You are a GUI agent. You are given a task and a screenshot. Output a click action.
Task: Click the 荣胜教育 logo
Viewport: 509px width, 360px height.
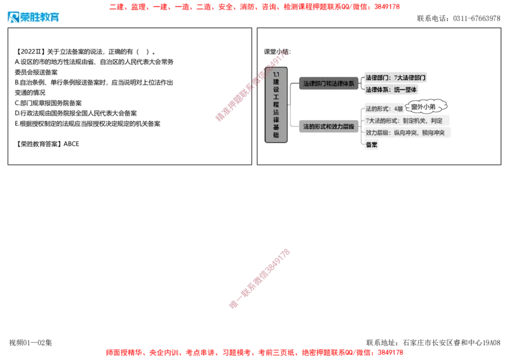[33, 18]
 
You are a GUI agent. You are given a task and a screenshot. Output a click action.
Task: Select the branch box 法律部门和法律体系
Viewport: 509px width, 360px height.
[328, 84]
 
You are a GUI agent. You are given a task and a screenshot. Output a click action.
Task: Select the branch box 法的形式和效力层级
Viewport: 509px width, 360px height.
[328, 127]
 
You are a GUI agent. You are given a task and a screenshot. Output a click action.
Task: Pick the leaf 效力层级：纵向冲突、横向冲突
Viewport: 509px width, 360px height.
[405, 133]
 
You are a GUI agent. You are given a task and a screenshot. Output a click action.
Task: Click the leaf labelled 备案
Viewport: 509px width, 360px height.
[372, 145]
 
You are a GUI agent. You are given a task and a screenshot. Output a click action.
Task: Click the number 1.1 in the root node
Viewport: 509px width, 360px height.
[276, 74]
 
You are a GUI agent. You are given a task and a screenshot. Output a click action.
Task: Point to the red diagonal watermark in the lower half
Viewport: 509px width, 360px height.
[260, 278]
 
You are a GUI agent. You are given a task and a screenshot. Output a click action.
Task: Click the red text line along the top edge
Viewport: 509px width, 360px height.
[254, 8]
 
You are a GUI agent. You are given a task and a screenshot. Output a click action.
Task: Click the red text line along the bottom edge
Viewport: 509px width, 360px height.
[254, 351]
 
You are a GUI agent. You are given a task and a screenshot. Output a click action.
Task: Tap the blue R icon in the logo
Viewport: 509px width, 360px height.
[13, 18]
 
